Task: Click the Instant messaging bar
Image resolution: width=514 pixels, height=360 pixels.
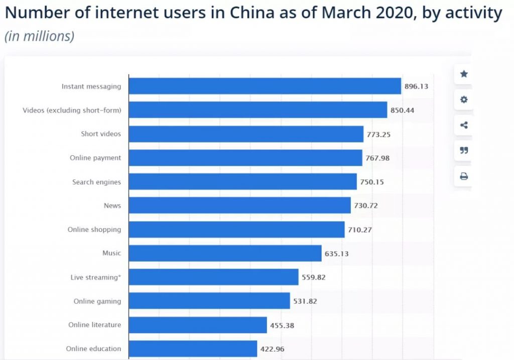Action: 265,86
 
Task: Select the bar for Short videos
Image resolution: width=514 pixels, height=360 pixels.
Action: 246,134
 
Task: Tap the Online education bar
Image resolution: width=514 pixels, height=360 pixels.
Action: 193,348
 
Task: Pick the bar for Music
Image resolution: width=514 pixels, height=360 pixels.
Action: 225,253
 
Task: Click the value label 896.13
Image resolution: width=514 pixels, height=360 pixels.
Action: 416,86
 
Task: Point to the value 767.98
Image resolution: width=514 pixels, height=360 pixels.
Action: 377,158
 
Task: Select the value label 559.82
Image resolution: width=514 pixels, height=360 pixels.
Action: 314,277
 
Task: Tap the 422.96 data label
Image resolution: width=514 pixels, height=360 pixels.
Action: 273,349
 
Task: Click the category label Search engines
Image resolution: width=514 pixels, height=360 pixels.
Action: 96,182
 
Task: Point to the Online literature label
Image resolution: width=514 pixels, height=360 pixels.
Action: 94,325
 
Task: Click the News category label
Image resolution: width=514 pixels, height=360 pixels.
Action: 112,205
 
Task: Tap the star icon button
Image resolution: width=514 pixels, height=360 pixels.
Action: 464,74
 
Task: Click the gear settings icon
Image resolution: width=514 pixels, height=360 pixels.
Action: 464,99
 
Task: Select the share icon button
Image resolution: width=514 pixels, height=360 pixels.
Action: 464,125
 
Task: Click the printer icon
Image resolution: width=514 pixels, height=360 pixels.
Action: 464,176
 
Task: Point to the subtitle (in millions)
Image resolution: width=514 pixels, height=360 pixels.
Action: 39,36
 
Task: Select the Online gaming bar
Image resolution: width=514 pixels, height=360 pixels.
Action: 209,301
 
